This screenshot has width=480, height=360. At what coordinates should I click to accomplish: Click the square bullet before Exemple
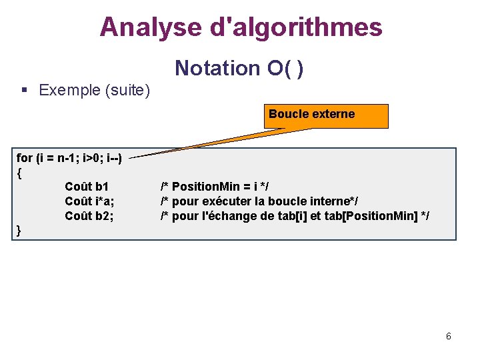click(24, 90)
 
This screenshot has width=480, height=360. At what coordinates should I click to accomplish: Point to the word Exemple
click(68, 90)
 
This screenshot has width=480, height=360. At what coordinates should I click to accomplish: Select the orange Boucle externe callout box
click(326, 115)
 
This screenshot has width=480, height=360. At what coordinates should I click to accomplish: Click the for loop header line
click(69, 158)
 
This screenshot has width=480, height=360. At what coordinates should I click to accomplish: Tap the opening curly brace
click(19, 172)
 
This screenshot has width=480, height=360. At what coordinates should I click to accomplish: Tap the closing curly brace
click(19, 230)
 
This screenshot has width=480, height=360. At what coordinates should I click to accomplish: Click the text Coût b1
click(87, 186)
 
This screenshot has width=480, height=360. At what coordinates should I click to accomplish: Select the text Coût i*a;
click(89, 201)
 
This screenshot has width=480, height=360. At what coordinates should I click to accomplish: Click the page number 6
click(449, 336)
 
